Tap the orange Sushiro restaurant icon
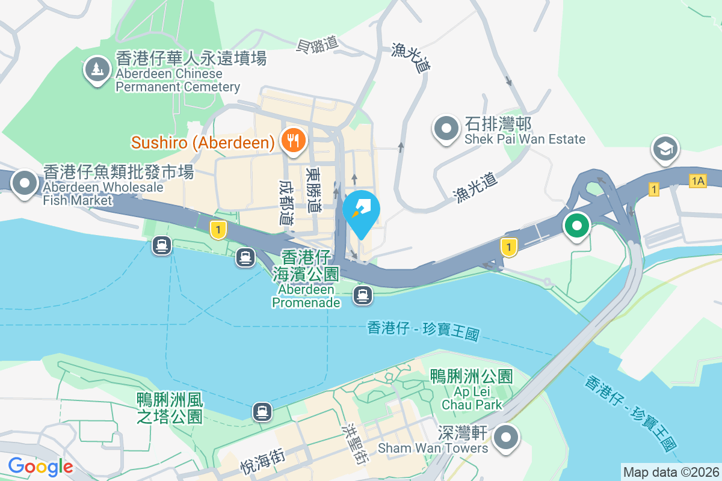[293, 141]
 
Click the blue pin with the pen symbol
[362, 211]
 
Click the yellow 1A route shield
[698, 181]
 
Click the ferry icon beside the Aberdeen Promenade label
[362, 295]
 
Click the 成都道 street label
[287, 201]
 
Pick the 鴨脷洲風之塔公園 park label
[170, 407]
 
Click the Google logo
[40, 466]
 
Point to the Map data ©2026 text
[671, 472]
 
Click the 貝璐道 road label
[318, 44]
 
